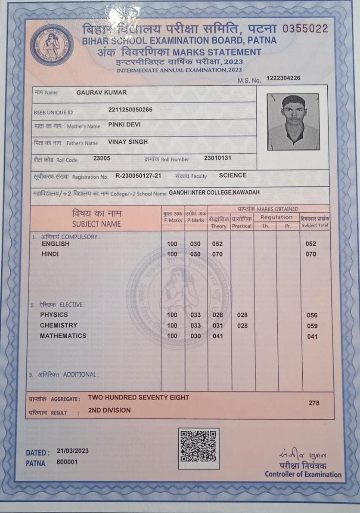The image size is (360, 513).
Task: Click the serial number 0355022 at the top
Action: click(x=305, y=29)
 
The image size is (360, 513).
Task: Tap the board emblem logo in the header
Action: click(x=52, y=45)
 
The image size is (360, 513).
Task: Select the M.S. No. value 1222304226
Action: click(x=283, y=78)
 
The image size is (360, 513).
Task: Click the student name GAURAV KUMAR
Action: click(x=101, y=93)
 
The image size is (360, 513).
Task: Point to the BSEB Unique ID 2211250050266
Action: click(x=130, y=110)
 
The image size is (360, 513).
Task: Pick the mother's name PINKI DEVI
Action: click(x=124, y=125)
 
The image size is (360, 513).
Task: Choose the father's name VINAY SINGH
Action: click(x=128, y=142)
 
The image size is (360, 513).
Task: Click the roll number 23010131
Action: click(x=217, y=158)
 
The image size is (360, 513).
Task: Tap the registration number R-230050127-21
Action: click(x=138, y=176)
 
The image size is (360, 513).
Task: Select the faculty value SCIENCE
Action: click(x=233, y=175)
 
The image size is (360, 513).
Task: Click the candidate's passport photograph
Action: click(x=293, y=122)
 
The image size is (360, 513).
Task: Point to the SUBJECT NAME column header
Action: click(x=96, y=224)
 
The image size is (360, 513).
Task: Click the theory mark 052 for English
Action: click(x=217, y=244)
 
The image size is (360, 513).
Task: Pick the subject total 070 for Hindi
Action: click(x=311, y=254)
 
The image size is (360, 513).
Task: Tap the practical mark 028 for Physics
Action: click(x=242, y=315)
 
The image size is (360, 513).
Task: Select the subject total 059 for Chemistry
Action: click(x=312, y=326)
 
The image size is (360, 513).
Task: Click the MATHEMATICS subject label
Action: click(x=63, y=336)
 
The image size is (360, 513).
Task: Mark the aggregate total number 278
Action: click(x=314, y=403)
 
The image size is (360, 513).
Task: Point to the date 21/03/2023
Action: click(x=72, y=451)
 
